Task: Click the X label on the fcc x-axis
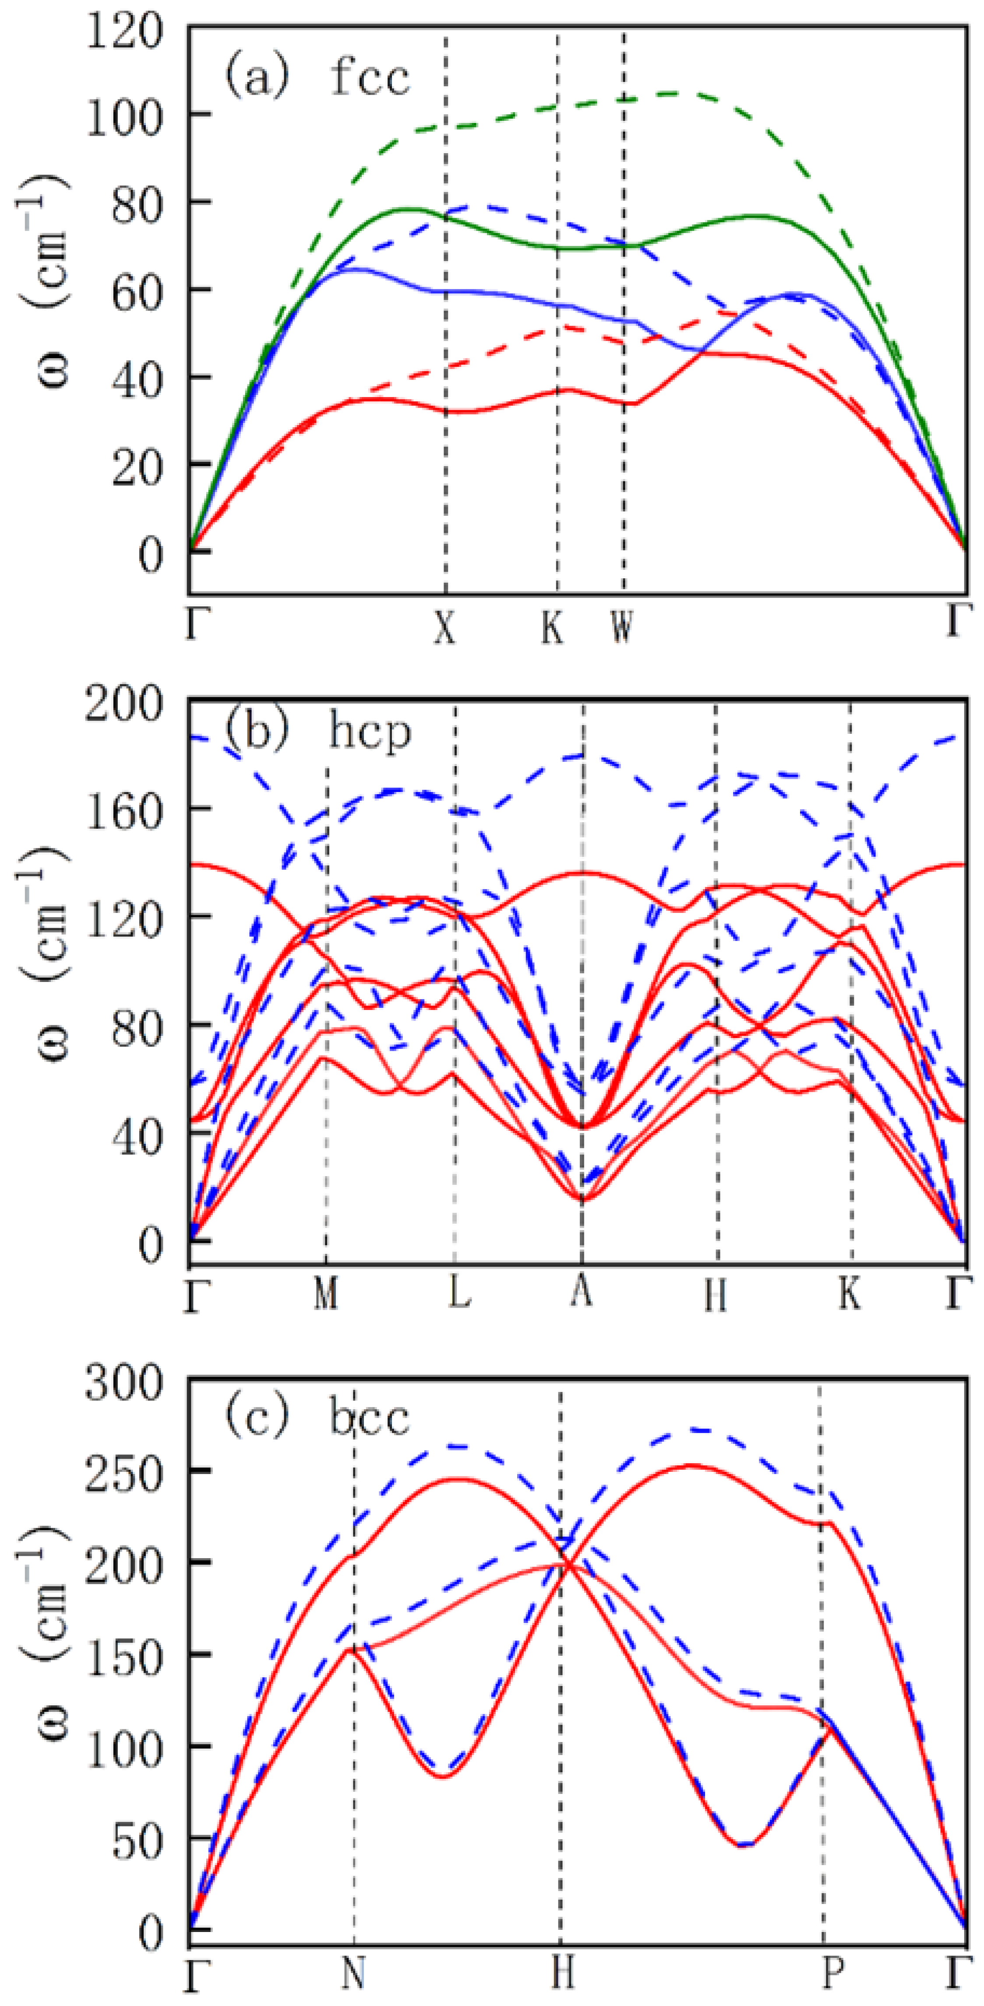pyautogui.click(x=444, y=627)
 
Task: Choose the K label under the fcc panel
pyautogui.click(x=552, y=627)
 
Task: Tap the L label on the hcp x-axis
pyautogui.click(x=460, y=1293)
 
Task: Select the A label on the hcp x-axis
pyautogui.click(x=581, y=1291)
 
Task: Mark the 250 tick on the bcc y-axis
pyautogui.click(x=125, y=1473)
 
